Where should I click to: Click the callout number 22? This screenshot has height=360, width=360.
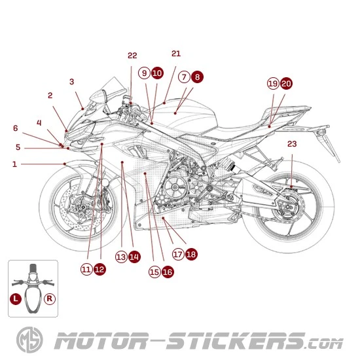[132, 56]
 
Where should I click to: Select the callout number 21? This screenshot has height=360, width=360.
[175, 54]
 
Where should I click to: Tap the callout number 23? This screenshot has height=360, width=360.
[292, 143]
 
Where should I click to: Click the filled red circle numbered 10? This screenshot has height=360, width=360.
[157, 73]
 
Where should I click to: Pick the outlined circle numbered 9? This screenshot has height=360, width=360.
[144, 73]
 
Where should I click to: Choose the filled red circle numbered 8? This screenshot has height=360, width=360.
[197, 77]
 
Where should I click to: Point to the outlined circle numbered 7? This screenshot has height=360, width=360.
[184, 77]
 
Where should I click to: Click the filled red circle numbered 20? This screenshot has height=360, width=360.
[286, 83]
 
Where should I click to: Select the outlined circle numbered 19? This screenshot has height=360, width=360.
[273, 83]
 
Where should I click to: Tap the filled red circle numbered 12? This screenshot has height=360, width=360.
[99, 268]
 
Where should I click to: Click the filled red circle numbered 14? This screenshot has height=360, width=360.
[134, 257]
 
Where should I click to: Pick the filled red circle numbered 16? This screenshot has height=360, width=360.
[168, 271]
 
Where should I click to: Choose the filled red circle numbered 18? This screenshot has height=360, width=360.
[191, 254]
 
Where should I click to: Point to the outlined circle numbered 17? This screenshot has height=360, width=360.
[178, 254]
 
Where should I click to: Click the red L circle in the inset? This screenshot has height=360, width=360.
[16, 298]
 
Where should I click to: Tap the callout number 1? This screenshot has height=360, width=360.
[14, 164]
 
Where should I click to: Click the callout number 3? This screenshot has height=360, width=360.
[72, 82]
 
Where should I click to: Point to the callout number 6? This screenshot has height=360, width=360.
[16, 128]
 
